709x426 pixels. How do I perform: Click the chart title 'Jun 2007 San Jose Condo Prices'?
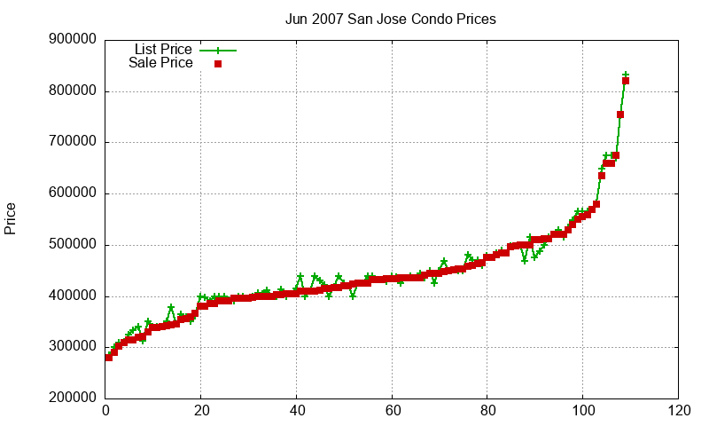(x=390, y=19)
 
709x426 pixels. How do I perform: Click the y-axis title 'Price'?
(x=11, y=218)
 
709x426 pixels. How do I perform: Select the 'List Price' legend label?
(x=163, y=50)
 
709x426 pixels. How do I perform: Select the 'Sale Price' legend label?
(x=160, y=63)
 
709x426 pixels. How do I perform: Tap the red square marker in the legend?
(x=217, y=64)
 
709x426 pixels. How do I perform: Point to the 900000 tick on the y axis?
(x=74, y=40)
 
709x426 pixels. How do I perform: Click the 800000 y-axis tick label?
(x=74, y=91)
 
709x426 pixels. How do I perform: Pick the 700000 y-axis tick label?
(x=74, y=142)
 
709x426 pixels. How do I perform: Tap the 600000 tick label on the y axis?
(x=74, y=193)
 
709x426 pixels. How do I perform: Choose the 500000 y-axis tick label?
(x=74, y=245)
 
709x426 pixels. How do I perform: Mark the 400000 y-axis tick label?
(x=74, y=296)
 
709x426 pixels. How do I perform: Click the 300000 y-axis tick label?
(x=74, y=348)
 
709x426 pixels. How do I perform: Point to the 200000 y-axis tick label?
(x=74, y=398)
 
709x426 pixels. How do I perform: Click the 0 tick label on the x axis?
(x=105, y=412)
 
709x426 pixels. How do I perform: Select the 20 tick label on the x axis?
(x=201, y=412)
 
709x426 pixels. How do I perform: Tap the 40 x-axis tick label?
(x=297, y=412)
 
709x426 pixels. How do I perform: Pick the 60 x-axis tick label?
(x=392, y=412)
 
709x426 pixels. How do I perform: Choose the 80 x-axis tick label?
(x=487, y=412)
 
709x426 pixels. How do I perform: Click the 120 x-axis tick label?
(x=679, y=412)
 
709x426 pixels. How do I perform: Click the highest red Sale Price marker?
(x=626, y=81)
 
